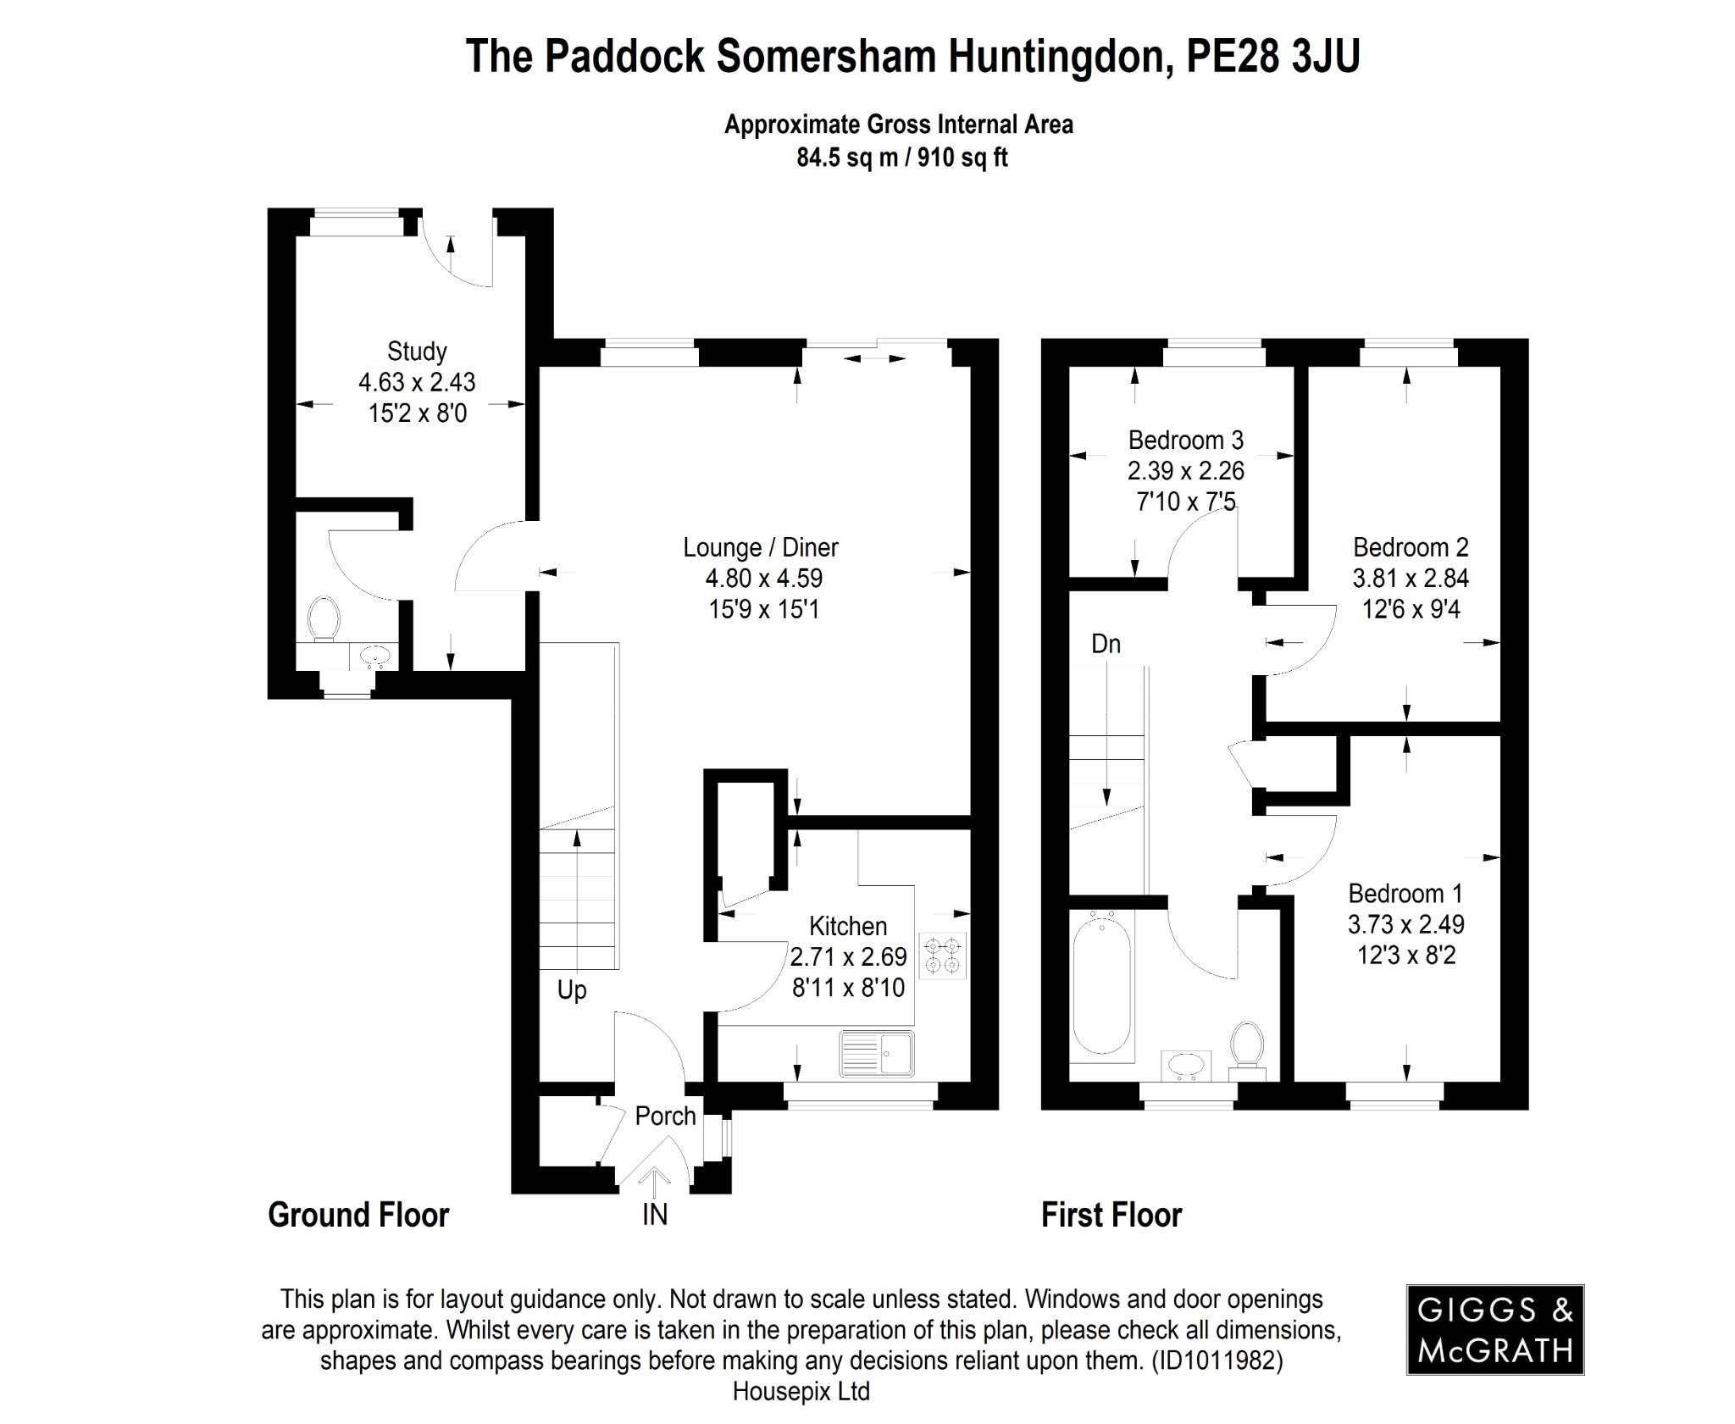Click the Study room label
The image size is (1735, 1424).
click(417, 351)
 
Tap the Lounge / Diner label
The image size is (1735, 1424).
click(761, 547)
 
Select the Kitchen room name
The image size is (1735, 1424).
click(848, 926)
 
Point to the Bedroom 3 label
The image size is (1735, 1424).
click(1185, 440)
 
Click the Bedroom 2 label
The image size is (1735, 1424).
click(1411, 547)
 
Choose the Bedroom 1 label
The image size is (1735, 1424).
click(1405, 893)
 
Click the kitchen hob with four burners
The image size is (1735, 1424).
click(942, 955)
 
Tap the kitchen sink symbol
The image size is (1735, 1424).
click(877, 1054)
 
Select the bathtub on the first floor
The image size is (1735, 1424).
click(1101, 986)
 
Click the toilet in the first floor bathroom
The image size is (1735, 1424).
click(1246, 1047)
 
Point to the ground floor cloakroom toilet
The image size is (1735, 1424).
click(324, 619)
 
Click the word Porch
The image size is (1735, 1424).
click(666, 1116)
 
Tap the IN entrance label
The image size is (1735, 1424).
click(655, 1215)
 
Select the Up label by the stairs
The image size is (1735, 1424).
click(572, 989)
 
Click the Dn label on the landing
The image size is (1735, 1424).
click(1106, 644)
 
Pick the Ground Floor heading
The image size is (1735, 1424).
click(358, 1215)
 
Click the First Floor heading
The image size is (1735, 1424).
click(1111, 1215)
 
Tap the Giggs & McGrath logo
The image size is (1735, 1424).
click(1495, 1329)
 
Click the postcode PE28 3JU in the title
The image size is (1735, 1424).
click(1272, 57)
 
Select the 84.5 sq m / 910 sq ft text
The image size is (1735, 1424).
click(901, 158)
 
